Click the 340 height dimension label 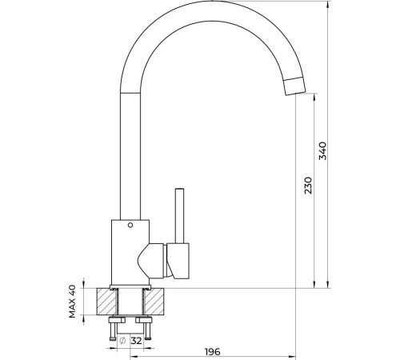[323, 151]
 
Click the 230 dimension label [308, 186]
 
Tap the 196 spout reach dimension [213, 352]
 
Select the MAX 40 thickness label [72, 302]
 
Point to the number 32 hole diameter [137, 341]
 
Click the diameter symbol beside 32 [122, 341]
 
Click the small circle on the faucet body [130, 225]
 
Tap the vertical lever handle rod [179, 216]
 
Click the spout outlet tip [294, 86]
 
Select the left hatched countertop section [107, 302]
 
